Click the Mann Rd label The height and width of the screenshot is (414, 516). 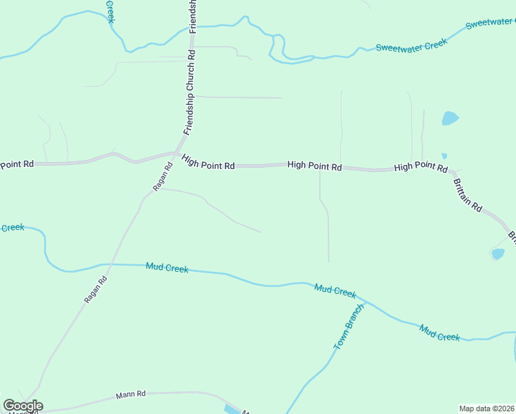click(x=131, y=395)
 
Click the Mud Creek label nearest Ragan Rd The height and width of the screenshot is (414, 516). click(x=167, y=267)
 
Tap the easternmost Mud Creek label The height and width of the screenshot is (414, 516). click(x=439, y=333)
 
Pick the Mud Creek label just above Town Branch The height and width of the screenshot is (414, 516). click(x=335, y=290)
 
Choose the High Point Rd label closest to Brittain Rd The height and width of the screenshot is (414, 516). click(x=421, y=168)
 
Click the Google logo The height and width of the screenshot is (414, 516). click(x=23, y=406)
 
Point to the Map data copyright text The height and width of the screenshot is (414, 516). click(x=486, y=408)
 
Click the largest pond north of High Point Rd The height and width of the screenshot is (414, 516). click(x=450, y=118)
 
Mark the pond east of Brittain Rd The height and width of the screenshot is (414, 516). click(x=497, y=254)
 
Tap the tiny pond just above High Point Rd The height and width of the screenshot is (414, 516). click(x=444, y=156)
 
